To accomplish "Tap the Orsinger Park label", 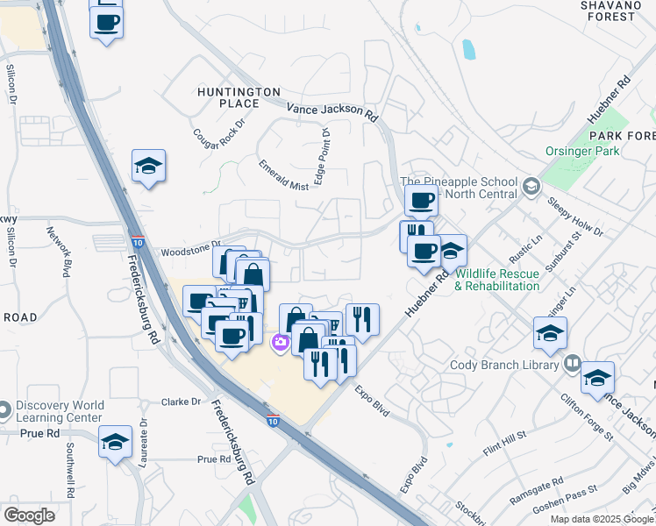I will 581,151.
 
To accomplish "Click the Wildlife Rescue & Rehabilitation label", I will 497,281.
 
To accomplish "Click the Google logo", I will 29,515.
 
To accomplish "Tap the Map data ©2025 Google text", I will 603,519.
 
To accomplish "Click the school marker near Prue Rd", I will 115,443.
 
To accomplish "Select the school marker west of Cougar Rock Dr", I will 149,165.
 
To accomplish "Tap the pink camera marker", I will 282,342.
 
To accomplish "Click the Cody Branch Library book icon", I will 573,362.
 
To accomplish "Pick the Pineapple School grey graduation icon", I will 531,186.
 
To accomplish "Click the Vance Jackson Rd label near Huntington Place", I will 332,111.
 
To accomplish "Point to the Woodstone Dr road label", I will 189,251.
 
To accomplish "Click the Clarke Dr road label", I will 182,402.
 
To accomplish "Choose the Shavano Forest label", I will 619,11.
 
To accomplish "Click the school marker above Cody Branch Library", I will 550,333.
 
